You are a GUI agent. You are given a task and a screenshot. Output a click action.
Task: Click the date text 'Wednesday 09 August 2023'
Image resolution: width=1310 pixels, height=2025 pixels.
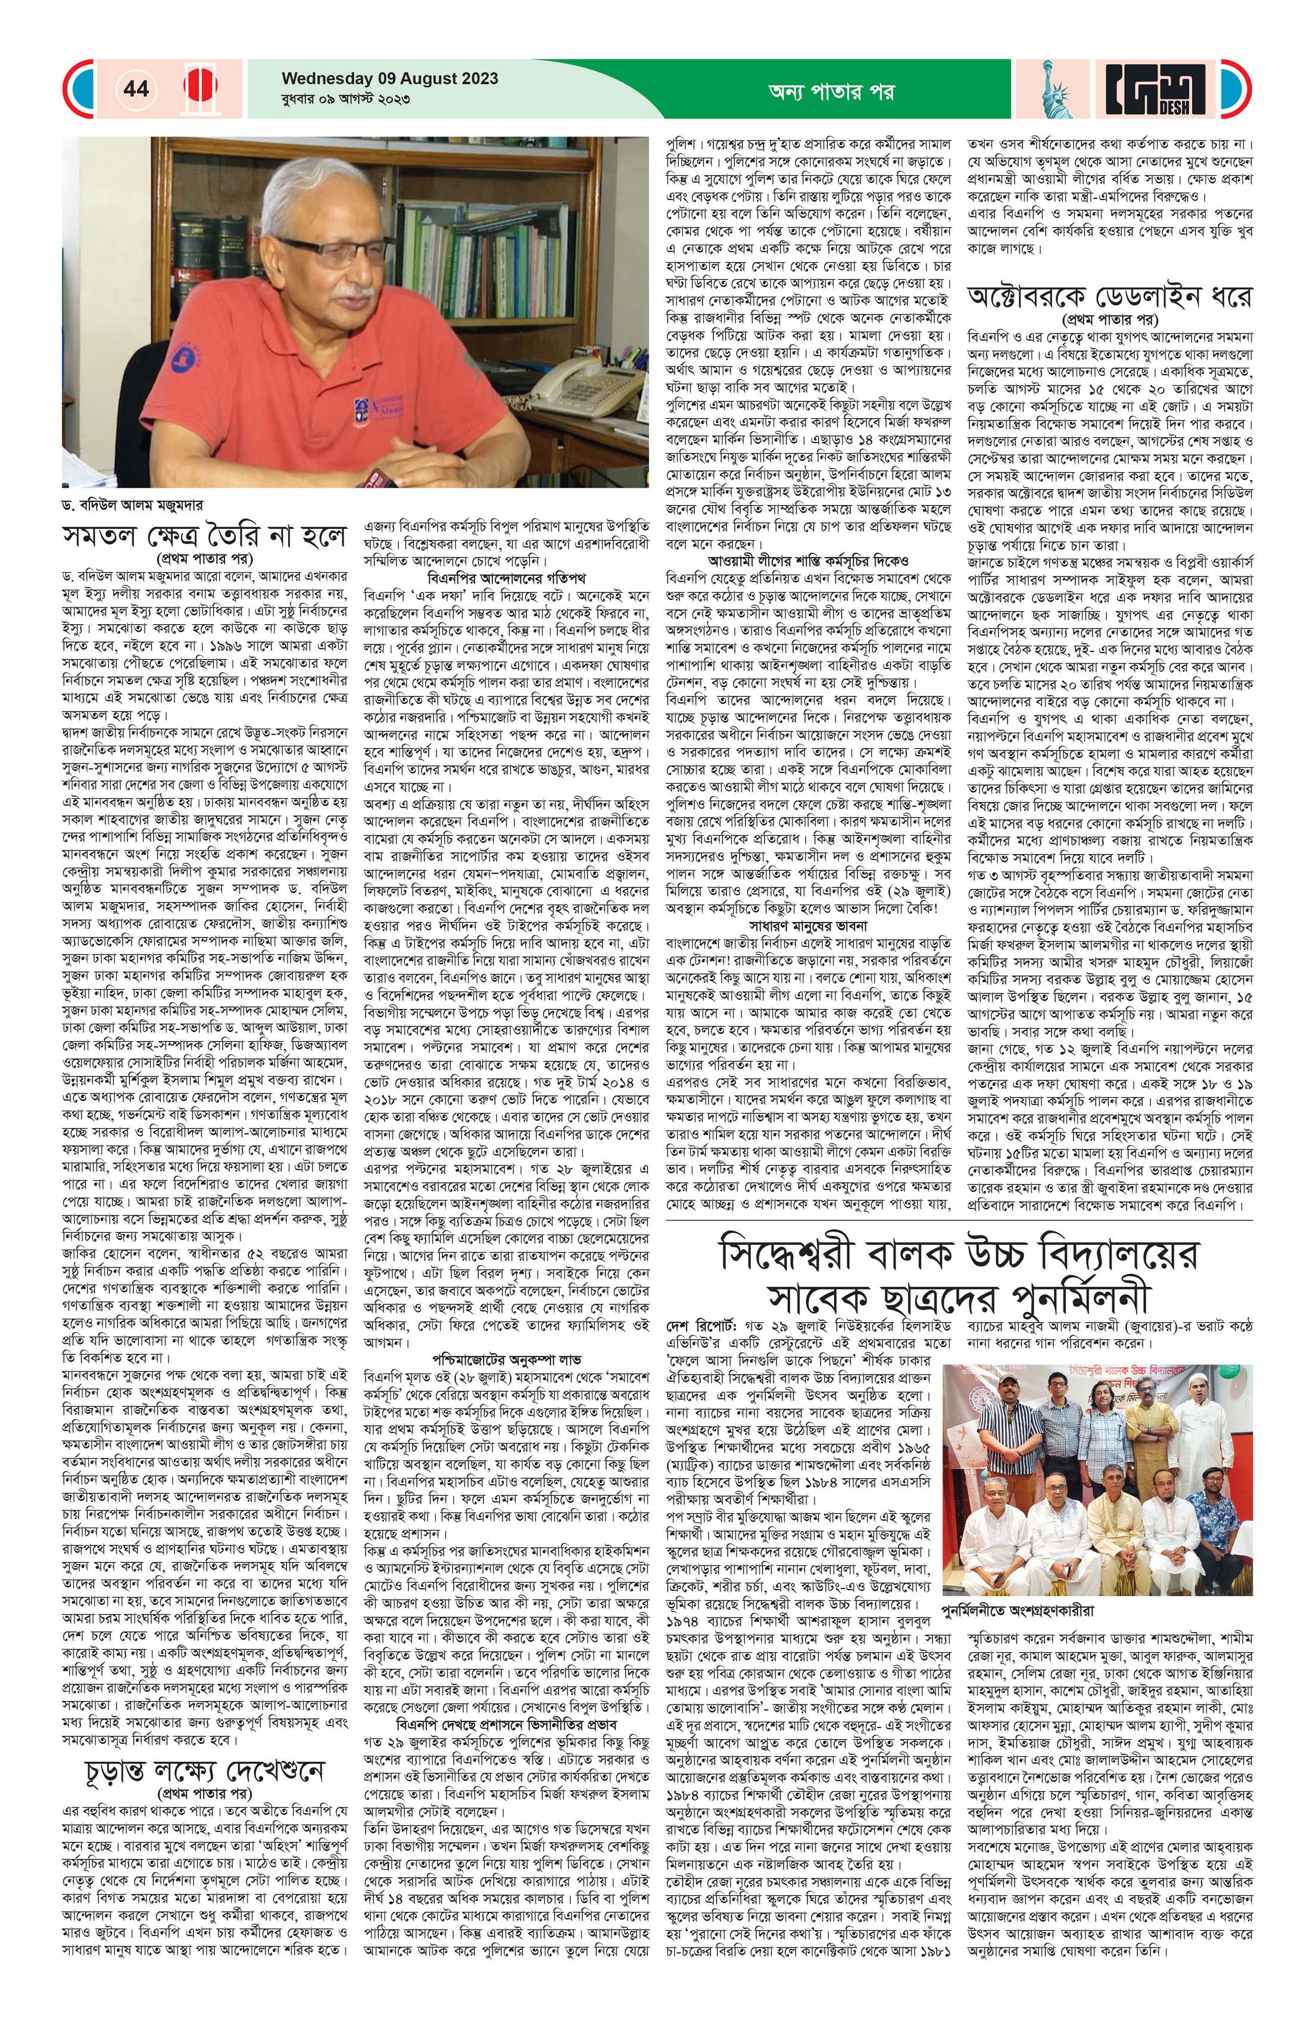click(389, 79)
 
